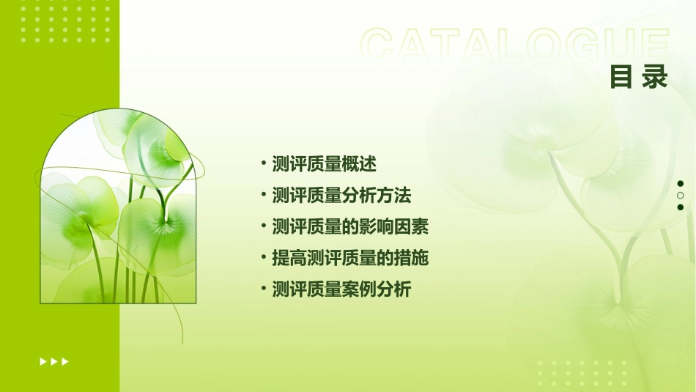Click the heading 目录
pos(639,78)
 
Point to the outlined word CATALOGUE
pos(515,45)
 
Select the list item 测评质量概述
pos(324,164)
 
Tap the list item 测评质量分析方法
pos(341,196)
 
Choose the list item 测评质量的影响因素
pos(350,227)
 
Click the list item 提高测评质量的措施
pos(350,258)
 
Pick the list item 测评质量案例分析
pos(341,289)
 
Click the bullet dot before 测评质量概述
pos(263,163)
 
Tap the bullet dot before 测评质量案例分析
pos(263,289)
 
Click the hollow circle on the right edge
pos(681,196)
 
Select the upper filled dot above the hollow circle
pos(681,184)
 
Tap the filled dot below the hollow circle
pos(681,207)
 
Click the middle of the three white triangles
pos(54,361)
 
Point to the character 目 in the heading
pos(621,78)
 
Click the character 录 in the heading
pos(656,78)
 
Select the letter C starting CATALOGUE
pos(380,45)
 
